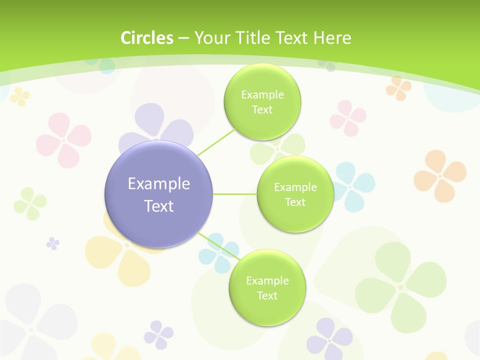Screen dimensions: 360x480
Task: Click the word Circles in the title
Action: (x=147, y=38)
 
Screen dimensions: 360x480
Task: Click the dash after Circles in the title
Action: (x=183, y=38)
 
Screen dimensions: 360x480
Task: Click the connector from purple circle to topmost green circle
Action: (x=216, y=142)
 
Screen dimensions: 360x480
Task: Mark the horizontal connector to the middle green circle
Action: (x=235, y=194)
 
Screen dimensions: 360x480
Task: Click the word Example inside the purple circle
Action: (x=159, y=184)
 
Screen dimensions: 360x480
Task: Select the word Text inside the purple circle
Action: (x=159, y=206)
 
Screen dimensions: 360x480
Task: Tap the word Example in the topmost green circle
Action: (x=262, y=94)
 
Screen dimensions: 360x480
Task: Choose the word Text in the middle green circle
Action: (x=295, y=202)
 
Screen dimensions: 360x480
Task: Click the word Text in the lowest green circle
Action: (x=267, y=295)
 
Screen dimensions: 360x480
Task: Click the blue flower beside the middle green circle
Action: (x=354, y=186)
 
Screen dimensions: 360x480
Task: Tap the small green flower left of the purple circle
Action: (x=30, y=203)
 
